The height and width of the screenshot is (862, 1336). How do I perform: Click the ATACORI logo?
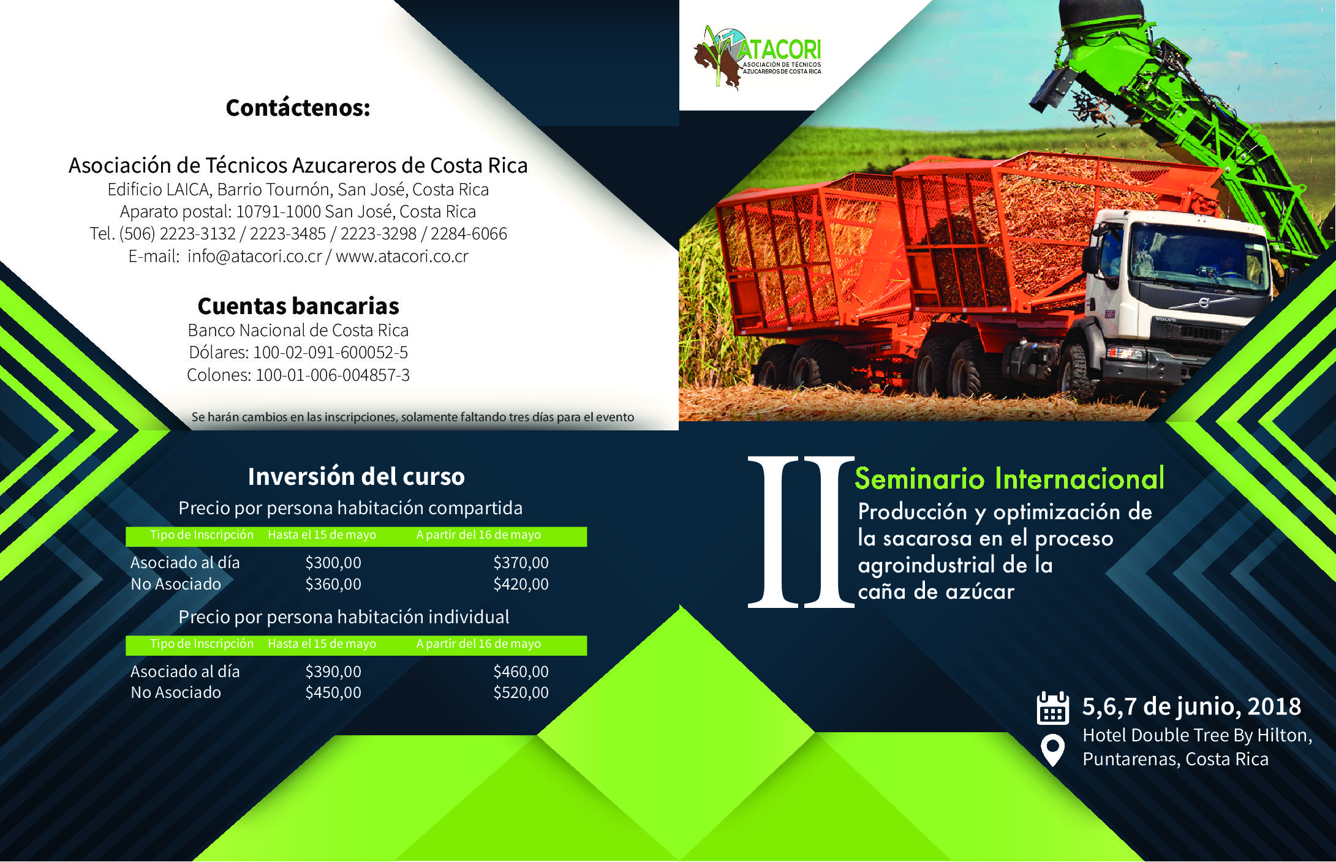758,58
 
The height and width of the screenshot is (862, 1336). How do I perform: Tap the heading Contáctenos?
298,108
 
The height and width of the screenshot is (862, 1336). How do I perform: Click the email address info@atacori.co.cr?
255,256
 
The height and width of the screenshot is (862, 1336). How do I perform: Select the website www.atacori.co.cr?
402,256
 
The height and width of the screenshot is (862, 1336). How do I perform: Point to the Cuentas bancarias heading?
298,305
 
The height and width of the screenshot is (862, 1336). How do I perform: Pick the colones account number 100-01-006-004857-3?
333,375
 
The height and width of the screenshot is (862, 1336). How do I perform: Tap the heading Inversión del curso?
357,476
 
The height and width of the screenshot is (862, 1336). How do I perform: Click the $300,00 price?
333,563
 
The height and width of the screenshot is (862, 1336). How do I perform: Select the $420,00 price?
521,584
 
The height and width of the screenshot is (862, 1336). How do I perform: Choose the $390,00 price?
333,672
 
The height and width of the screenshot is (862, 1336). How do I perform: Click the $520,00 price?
521,692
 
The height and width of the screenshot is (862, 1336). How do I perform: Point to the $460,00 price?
521,672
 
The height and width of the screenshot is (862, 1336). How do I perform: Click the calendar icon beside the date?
1052,708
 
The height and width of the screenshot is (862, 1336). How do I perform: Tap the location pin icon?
1052,749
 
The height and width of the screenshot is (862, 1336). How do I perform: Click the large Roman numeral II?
801,532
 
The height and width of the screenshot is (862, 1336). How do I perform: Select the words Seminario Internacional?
1010,479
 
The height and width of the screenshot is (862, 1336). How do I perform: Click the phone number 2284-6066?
469,234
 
